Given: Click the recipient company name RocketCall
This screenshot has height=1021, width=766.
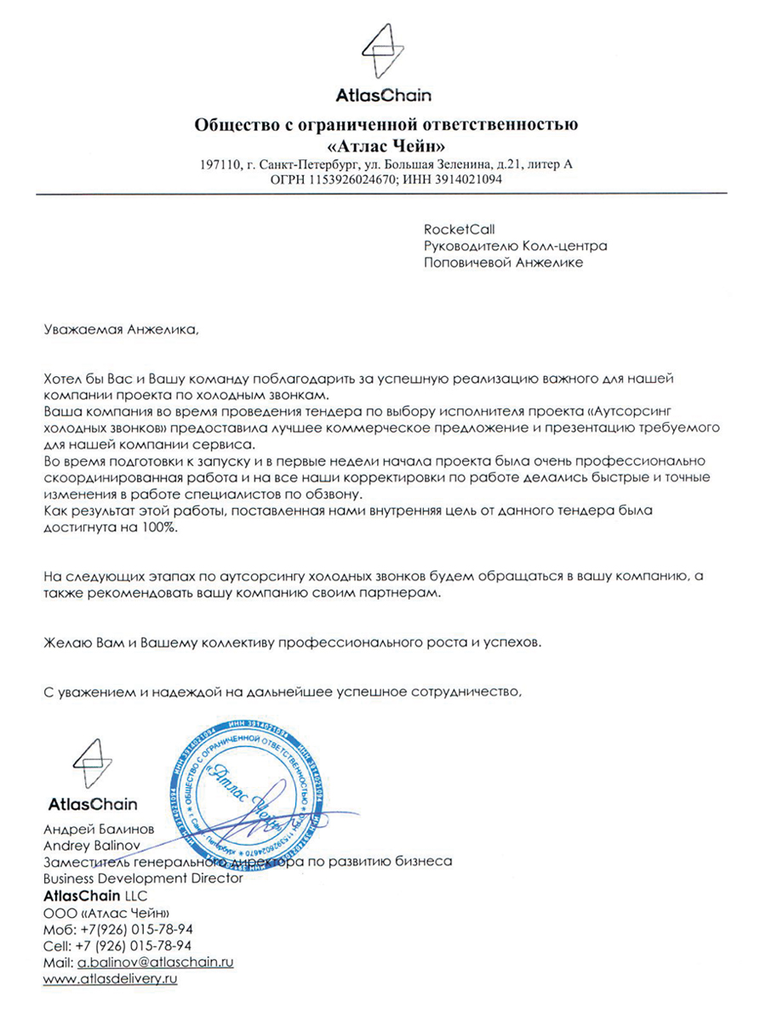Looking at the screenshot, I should (x=459, y=229).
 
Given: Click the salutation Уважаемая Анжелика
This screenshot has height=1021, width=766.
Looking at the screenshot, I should (x=119, y=329).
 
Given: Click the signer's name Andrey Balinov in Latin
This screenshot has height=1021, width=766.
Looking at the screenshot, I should (x=91, y=846).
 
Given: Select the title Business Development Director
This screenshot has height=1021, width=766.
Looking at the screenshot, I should (x=143, y=878).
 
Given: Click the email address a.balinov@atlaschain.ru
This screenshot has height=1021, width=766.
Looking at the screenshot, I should (x=156, y=962).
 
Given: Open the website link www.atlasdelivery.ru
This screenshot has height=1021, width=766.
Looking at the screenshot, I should (x=110, y=979).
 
